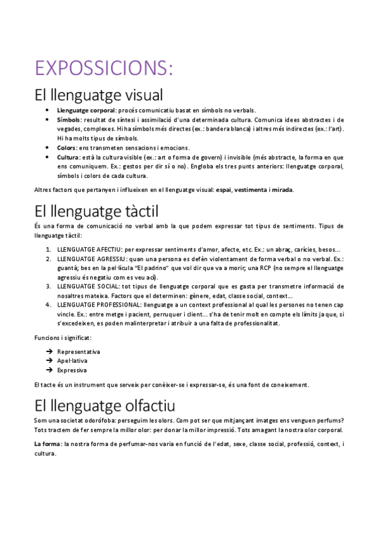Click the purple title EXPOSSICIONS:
(103, 67)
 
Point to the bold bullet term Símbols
(69, 119)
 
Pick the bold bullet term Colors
(67, 148)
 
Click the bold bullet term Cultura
(68, 157)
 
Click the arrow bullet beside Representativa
(49, 351)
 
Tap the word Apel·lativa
(72, 361)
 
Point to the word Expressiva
(72, 370)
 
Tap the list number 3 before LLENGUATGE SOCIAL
(48, 286)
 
